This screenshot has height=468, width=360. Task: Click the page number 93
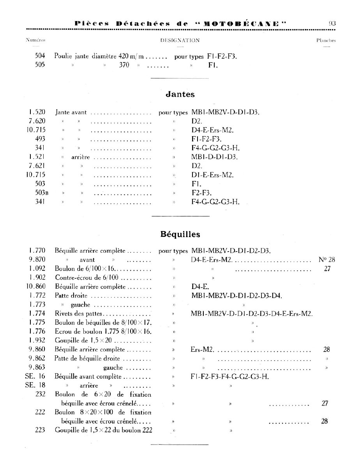332,23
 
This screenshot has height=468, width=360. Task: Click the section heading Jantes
180,94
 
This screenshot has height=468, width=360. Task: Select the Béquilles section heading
180,234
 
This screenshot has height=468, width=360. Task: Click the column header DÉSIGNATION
180,40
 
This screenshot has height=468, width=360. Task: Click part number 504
40,56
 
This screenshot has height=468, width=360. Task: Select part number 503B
40,193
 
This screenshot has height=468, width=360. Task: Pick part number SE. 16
35,376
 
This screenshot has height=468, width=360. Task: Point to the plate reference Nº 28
326,260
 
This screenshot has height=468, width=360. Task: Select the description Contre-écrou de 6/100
88,278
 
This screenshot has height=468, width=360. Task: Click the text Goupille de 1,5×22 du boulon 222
103,430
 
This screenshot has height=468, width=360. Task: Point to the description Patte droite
71,296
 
